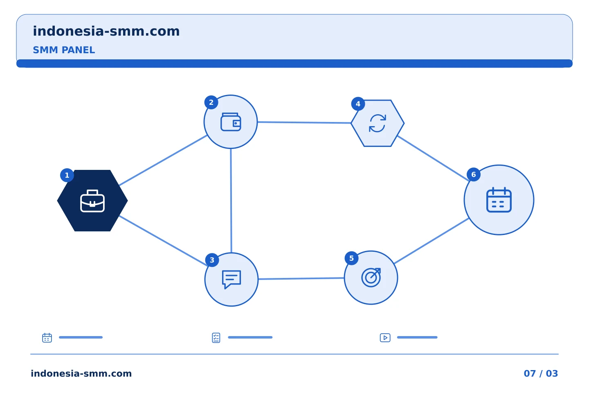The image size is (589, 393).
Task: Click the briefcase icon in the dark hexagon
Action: (x=92, y=201)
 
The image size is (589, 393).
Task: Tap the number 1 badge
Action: (x=67, y=175)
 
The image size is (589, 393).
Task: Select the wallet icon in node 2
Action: (x=231, y=122)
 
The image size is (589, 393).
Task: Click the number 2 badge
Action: (x=211, y=102)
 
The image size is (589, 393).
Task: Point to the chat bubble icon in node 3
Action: (x=232, y=279)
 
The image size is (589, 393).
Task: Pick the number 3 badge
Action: (x=212, y=260)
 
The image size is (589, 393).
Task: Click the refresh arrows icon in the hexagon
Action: (x=377, y=123)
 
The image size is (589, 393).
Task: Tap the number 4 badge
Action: (x=358, y=104)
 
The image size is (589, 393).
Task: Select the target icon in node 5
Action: (x=371, y=278)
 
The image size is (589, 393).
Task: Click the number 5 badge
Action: (x=352, y=258)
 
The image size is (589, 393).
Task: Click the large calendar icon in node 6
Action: (x=499, y=200)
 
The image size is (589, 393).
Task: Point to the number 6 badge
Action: (x=474, y=174)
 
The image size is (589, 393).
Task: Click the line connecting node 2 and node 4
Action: (x=304, y=122)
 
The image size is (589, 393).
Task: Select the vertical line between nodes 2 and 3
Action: (x=231, y=201)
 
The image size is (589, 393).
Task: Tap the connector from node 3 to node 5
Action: (x=301, y=278)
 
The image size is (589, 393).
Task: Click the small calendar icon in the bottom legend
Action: (x=47, y=338)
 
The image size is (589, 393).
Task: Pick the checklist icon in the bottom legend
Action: (x=216, y=338)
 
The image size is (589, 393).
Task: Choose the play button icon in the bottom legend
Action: (x=385, y=338)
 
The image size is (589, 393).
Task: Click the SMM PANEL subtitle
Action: (x=64, y=50)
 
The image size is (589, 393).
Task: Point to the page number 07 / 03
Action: (x=541, y=373)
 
